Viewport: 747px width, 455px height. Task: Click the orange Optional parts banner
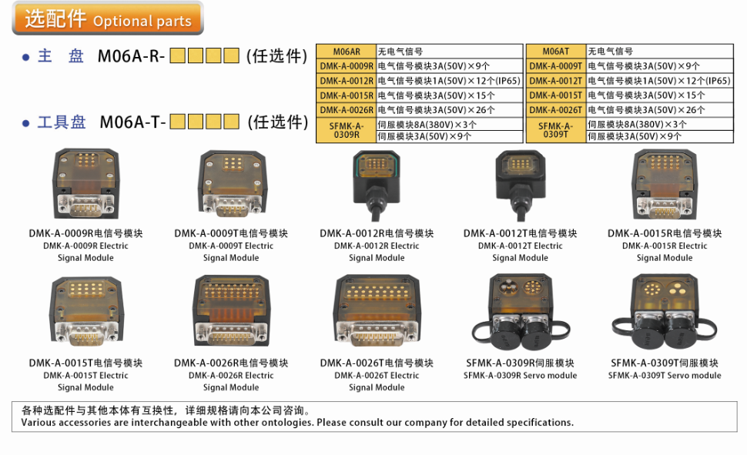point(108,18)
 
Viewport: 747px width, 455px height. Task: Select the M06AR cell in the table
point(347,52)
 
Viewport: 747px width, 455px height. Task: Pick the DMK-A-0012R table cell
point(347,81)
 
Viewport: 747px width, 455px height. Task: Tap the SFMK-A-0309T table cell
point(556,130)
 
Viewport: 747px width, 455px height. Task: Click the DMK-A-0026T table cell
point(556,110)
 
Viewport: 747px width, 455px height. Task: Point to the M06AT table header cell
point(556,52)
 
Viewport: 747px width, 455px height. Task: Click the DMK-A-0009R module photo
point(85,183)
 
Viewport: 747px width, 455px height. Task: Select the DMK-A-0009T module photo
point(232,183)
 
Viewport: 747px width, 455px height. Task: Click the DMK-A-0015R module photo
point(665,184)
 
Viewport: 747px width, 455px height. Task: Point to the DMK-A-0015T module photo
point(85,311)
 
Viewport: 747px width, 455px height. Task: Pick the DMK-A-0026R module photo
point(232,310)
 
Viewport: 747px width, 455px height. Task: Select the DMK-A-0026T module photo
point(377,310)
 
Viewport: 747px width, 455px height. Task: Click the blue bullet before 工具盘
point(25,123)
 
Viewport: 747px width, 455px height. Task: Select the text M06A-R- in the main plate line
point(131,56)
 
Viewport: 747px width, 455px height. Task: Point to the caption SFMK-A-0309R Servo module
point(521,376)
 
